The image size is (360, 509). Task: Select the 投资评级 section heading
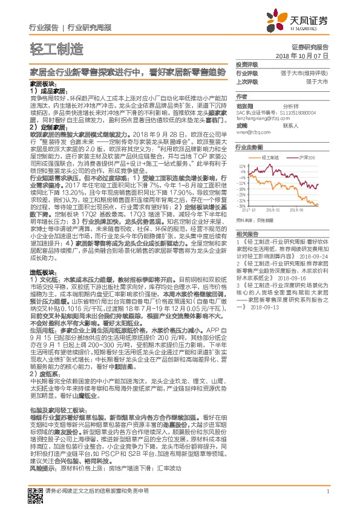(x=247, y=63)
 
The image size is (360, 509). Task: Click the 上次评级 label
(x=247, y=80)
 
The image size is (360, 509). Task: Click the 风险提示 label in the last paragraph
(x=43, y=468)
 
